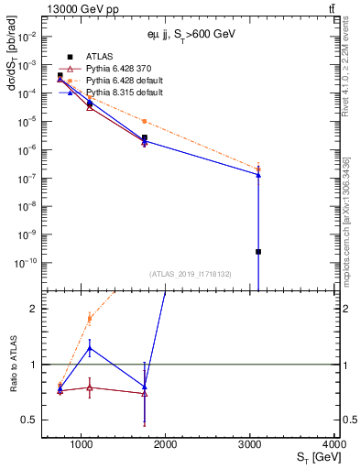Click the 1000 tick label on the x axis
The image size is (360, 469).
[82, 444]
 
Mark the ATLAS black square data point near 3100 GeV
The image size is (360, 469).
[258, 252]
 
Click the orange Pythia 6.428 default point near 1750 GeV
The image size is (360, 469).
[144, 121]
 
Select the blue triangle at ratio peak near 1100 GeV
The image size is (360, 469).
[89, 348]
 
